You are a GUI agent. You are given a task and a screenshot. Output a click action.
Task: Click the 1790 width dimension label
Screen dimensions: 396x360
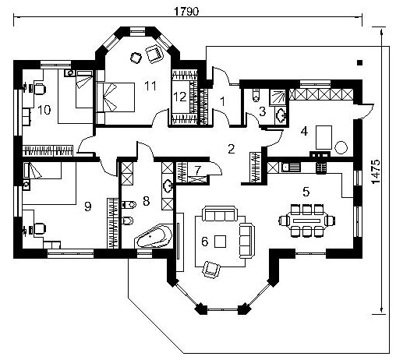coord(186,12)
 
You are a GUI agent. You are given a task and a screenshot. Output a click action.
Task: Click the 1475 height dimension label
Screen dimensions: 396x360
coord(376,171)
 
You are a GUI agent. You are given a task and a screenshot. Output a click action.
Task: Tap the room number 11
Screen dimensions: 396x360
coord(150,86)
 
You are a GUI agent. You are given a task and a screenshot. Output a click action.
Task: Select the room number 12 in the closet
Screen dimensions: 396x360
coord(180,97)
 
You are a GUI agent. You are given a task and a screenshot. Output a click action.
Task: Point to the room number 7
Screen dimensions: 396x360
coord(198,171)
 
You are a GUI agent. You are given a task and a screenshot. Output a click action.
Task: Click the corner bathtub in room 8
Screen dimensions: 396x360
coord(154,236)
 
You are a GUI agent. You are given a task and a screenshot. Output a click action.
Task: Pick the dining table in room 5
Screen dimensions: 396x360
coord(306,221)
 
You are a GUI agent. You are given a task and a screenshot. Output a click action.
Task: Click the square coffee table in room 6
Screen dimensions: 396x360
coord(220,241)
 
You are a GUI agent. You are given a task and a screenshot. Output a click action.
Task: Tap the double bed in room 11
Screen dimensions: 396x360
coord(115,97)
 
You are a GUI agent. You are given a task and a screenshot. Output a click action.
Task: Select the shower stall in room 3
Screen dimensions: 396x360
coord(278,97)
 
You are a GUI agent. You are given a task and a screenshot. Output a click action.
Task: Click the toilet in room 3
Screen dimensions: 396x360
coord(256,95)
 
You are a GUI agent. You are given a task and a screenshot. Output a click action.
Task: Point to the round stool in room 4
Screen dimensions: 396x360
coord(341,147)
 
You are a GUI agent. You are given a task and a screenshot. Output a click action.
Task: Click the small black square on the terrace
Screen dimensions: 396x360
coord(359,62)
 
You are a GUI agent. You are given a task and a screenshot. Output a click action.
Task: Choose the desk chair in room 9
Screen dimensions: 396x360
coord(40,229)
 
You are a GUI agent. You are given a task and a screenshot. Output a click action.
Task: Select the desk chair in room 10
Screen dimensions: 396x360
coord(40,89)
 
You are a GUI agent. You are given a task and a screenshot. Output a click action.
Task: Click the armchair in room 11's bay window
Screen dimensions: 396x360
coord(154,54)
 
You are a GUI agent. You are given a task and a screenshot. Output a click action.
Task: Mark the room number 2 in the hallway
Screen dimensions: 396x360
coord(231,149)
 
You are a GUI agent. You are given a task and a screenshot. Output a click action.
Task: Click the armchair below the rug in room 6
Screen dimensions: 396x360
coord(211,269)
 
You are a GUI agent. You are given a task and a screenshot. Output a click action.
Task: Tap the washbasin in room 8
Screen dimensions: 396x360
coord(167,186)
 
